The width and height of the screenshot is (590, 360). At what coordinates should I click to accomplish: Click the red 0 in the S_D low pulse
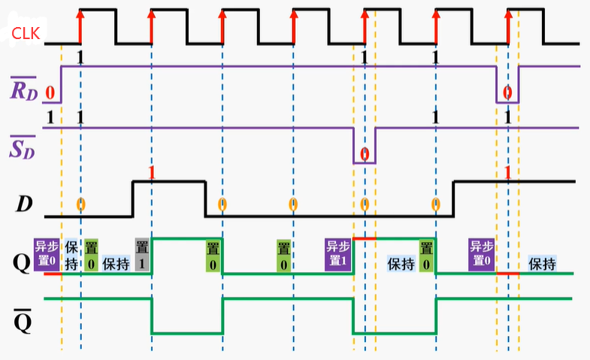[x=365, y=155]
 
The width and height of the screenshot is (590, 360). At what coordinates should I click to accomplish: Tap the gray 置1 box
[x=142, y=256]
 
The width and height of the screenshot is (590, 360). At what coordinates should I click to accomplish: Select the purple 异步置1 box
[x=337, y=256]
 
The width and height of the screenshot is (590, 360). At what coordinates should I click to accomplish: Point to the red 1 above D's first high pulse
[x=152, y=172]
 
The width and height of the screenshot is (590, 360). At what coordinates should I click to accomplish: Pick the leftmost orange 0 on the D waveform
[x=80, y=204]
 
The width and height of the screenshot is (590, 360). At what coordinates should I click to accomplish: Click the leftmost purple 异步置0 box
[x=47, y=256]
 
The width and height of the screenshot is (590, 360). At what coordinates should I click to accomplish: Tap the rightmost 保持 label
[x=542, y=265]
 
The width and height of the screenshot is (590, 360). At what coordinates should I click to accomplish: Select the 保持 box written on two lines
[x=71, y=256]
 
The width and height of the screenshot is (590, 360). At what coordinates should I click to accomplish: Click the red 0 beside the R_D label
[x=50, y=92]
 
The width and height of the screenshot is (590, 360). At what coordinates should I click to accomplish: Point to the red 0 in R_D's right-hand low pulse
[x=507, y=92]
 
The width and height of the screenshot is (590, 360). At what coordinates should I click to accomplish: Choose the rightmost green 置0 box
[x=427, y=256]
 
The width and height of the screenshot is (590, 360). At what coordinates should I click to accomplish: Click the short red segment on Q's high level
[x=365, y=238]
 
